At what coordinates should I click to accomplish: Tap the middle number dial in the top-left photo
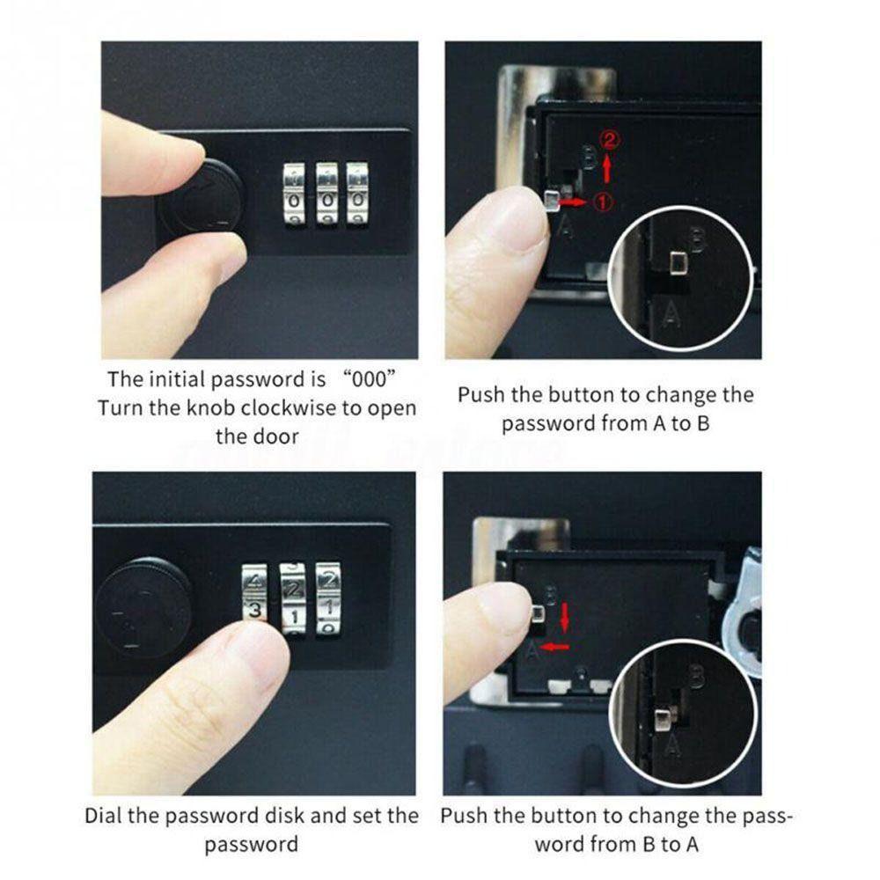click(x=326, y=193)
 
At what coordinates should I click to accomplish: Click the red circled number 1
click(x=605, y=202)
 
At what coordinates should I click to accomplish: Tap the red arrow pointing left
click(x=555, y=647)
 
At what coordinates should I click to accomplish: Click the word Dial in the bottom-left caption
click(x=105, y=816)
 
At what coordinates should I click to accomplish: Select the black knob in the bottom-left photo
click(x=143, y=606)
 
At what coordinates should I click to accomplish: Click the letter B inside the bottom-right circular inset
click(x=696, y=677)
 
